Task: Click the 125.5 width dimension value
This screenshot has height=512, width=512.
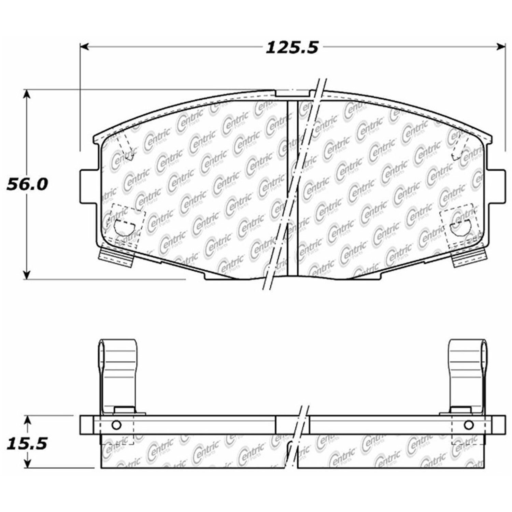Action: coord(292,47)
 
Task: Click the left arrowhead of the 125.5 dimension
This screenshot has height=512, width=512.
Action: coord(84,47)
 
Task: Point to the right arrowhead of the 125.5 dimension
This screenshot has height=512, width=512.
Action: coord(501,47)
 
